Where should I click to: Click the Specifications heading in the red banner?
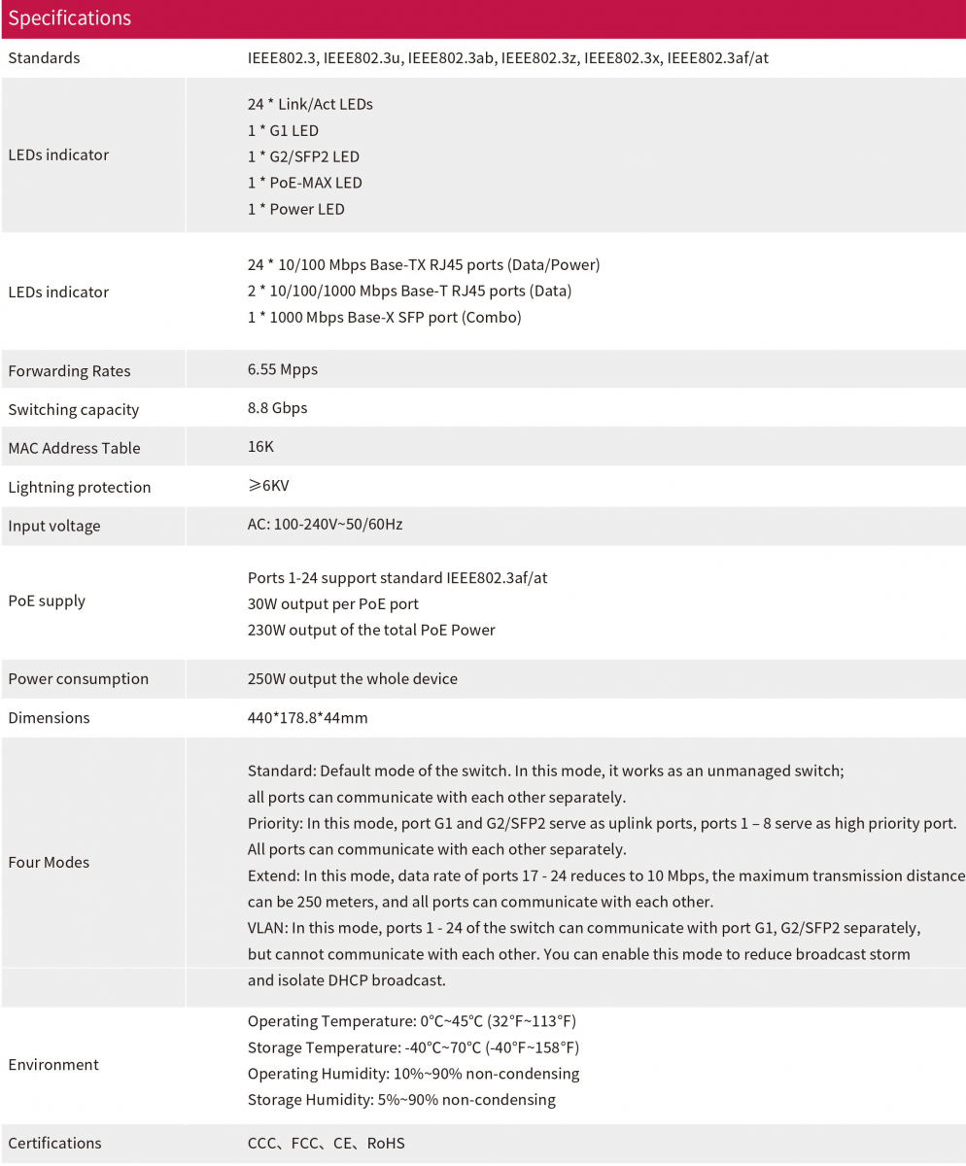tap(69, 18)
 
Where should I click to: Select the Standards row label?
tap(44, 58)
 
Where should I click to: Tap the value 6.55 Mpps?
tap(282, 369)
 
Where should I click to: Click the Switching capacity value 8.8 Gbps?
tap(277, 408)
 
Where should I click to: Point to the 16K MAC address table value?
tap(261, 447)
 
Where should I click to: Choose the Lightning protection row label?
tap(79, 487)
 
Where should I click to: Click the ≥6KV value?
tap(268, 486)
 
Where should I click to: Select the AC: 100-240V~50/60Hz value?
tap(325, 525)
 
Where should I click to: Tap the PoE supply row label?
tap(47, 600)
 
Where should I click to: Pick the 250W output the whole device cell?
tap(352, 678)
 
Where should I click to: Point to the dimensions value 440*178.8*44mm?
tap(307, 718)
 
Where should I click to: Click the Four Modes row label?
tap(49, 862)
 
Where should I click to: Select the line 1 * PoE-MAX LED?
tap(305, 183)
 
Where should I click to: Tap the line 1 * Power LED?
tap(295, 209)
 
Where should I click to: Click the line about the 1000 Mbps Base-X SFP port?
tap(384, 318)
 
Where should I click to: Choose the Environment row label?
tap(53, 1064)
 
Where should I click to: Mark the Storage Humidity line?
tap(401, 1100)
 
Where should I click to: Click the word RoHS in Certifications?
tap(386, 1144)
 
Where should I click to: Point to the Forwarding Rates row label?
tap(69, 370)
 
